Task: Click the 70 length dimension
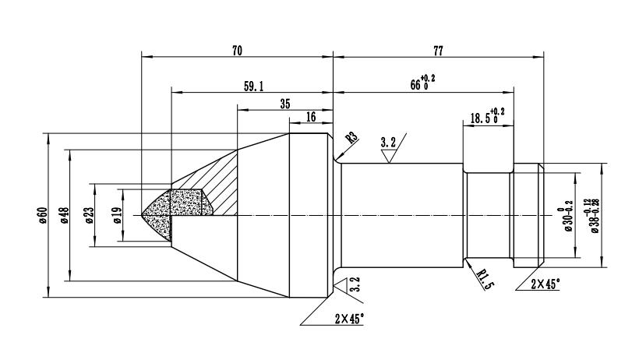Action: pos(237,50)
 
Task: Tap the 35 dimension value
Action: pos(284,103)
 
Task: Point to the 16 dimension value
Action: pos(311,117)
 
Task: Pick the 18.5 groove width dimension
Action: pos(486,117)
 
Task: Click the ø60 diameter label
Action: pos(43,215)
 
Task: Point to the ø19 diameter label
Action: pos(115,215)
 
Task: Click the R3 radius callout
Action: pos(351,138)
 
